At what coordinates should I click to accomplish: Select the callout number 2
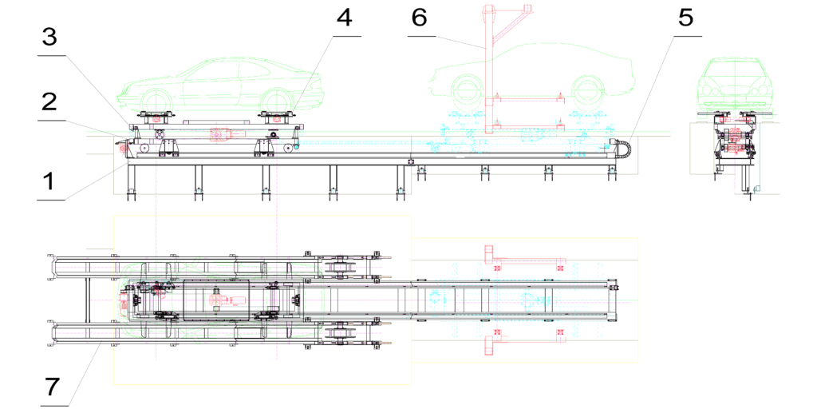50,101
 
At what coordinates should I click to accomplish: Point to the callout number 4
344,18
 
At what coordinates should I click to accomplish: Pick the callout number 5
685,18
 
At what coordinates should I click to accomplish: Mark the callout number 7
52,387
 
